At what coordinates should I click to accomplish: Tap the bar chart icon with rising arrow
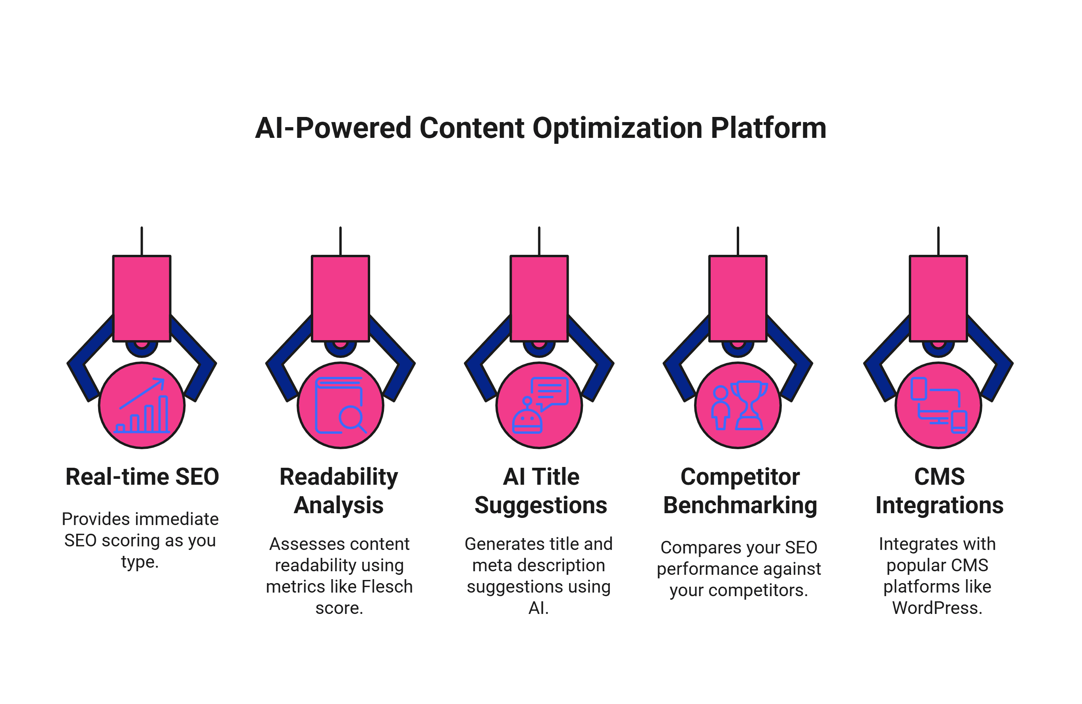[142, 406]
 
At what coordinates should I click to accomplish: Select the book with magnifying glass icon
[340, 406]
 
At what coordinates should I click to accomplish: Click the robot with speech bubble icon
[539, 406]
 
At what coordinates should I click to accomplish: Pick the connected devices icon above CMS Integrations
[938, 406]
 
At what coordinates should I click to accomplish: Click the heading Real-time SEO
[142, 477]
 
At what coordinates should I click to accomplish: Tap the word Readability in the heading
[339, 477]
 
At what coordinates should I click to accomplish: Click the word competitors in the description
[758, 591]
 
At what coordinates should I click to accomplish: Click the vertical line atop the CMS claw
[938, 241]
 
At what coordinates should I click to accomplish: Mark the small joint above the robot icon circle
[539, 346]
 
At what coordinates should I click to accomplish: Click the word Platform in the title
[768, 128]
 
